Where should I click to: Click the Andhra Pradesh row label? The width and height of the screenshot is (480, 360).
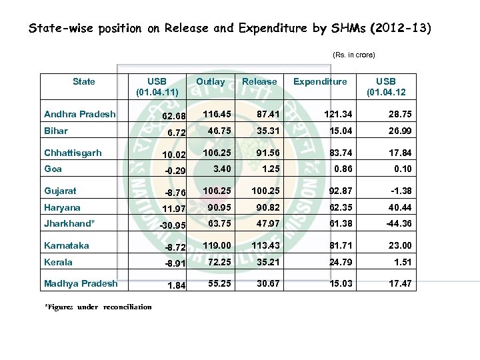[x=79, y=114]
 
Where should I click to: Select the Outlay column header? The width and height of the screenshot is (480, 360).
[x=210, y=82]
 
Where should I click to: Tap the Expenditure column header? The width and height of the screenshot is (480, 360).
[x=320, y=82]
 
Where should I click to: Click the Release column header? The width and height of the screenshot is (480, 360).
[x=259, y=82]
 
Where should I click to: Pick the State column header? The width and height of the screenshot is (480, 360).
[x=83, y=82]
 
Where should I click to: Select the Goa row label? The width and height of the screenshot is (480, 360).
[x=53, y=169]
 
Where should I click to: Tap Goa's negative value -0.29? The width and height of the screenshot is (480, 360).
[x=175, y=171]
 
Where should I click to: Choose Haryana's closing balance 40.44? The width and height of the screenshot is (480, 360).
[x=399, y=207]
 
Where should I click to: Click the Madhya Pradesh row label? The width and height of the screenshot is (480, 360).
[x=80, y=283]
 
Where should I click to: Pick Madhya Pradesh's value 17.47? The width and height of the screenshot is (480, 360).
[x=399, y=283]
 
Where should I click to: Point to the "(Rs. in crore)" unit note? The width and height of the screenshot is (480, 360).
[x=353, y=54]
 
